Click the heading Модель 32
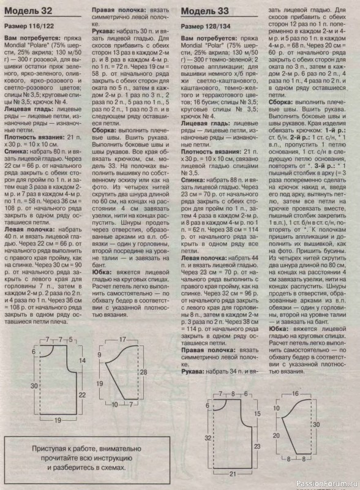(x=28, y=12)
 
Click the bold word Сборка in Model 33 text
(x=282, y=101)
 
